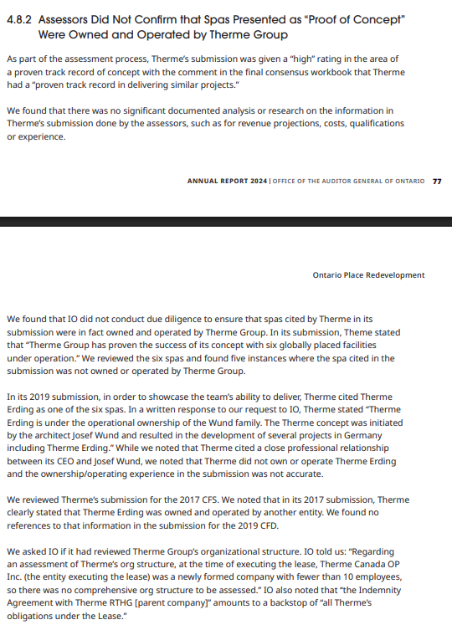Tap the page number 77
point(437,181)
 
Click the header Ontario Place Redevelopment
point(368,275)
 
